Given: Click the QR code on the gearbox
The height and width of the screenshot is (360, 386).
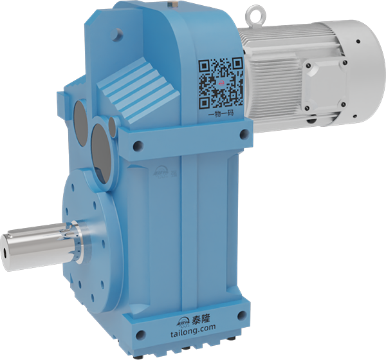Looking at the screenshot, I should pos(219,82).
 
